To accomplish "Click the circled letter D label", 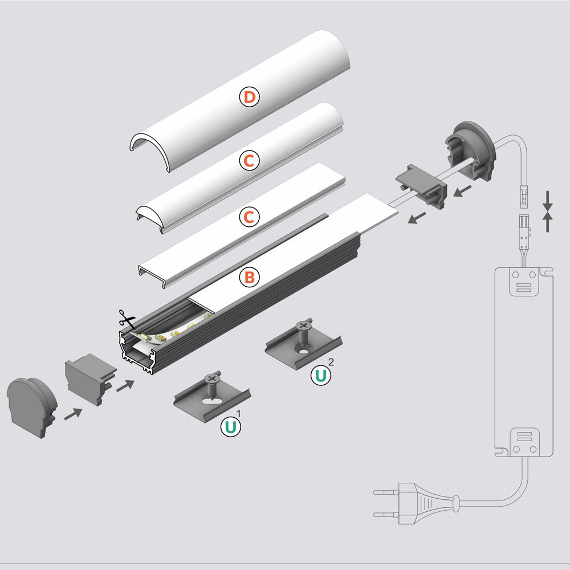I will (249, 97).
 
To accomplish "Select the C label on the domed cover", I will (249, 162).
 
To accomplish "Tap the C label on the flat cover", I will (249, 217).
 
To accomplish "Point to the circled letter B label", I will (249, 278).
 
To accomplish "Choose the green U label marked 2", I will (321, 375).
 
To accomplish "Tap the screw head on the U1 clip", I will (211, 377).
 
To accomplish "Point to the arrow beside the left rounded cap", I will (72, 414).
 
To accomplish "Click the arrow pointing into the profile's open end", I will (126, 385).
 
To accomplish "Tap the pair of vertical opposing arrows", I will (548, 211).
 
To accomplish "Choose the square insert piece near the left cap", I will (89, 379).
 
